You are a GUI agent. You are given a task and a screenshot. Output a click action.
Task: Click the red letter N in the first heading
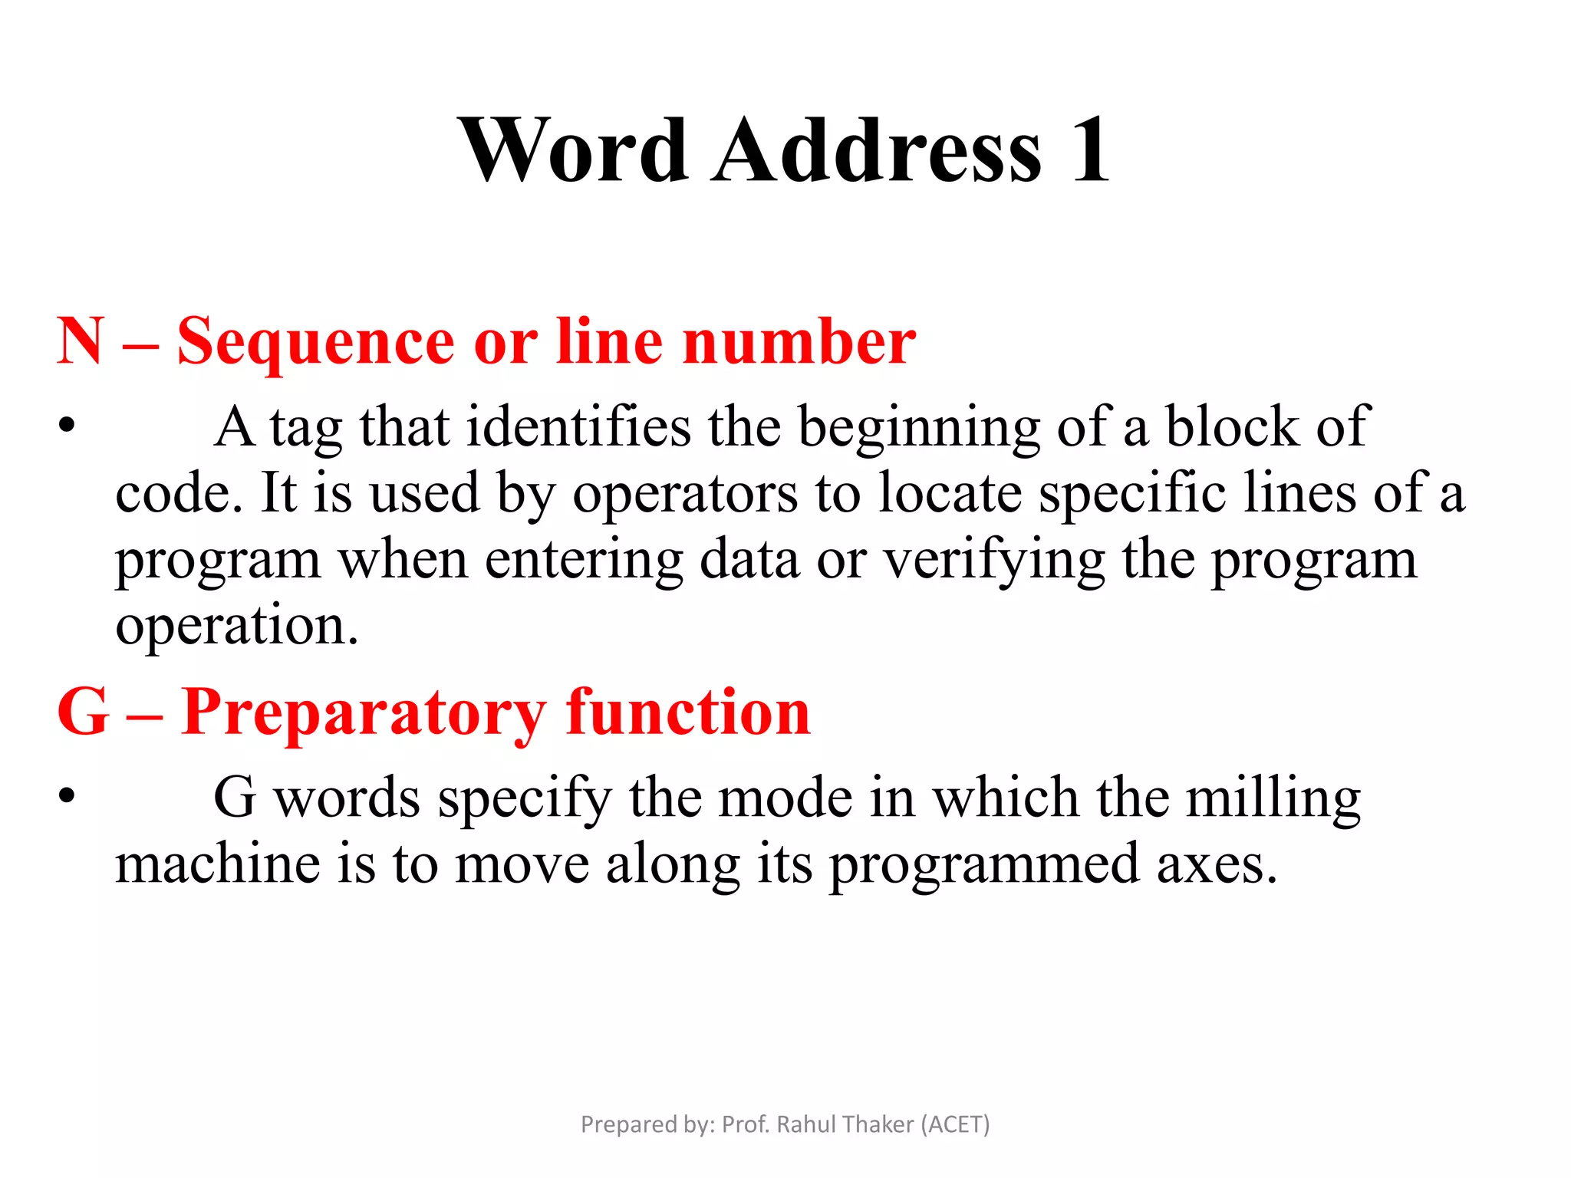tap(80, 341)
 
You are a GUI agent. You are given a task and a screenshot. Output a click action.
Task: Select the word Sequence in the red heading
tap(315, 343)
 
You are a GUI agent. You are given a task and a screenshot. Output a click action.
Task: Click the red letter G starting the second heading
tap(83, 712)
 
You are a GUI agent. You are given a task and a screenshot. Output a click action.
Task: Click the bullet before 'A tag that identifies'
tap(68, 425)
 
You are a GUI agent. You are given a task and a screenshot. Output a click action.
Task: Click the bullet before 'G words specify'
tap(68, 795)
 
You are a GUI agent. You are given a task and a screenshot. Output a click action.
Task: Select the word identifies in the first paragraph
tap(578, 426)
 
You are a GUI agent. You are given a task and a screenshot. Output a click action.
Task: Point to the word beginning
tap(919, 428)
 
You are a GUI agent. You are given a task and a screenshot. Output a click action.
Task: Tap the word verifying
tap(994, 561)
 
